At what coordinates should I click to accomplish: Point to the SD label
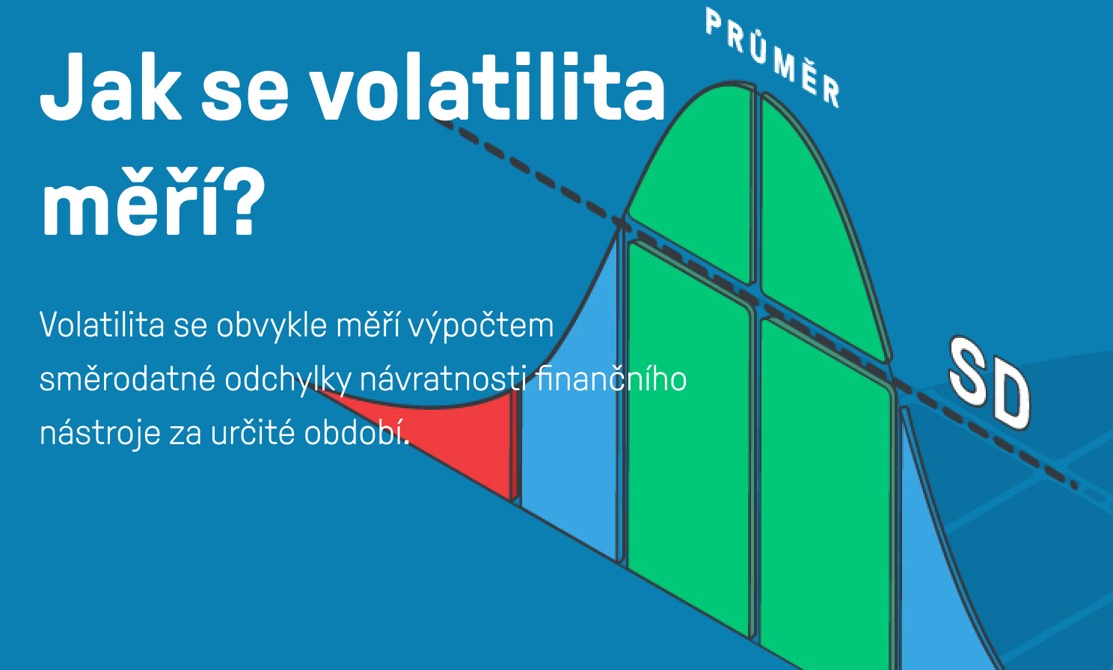click(x=990, y=383)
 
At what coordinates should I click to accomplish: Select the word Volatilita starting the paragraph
click(x=102, y=325)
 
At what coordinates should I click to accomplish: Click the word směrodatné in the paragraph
click(x=127, y=379)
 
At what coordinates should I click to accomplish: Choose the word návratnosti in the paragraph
click(x=444, y=379)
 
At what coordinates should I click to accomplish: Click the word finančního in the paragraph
click(x=611, y=379)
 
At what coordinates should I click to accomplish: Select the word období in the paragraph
click(x=357, y=432)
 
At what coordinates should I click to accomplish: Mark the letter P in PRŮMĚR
click(x=714, y=23)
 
